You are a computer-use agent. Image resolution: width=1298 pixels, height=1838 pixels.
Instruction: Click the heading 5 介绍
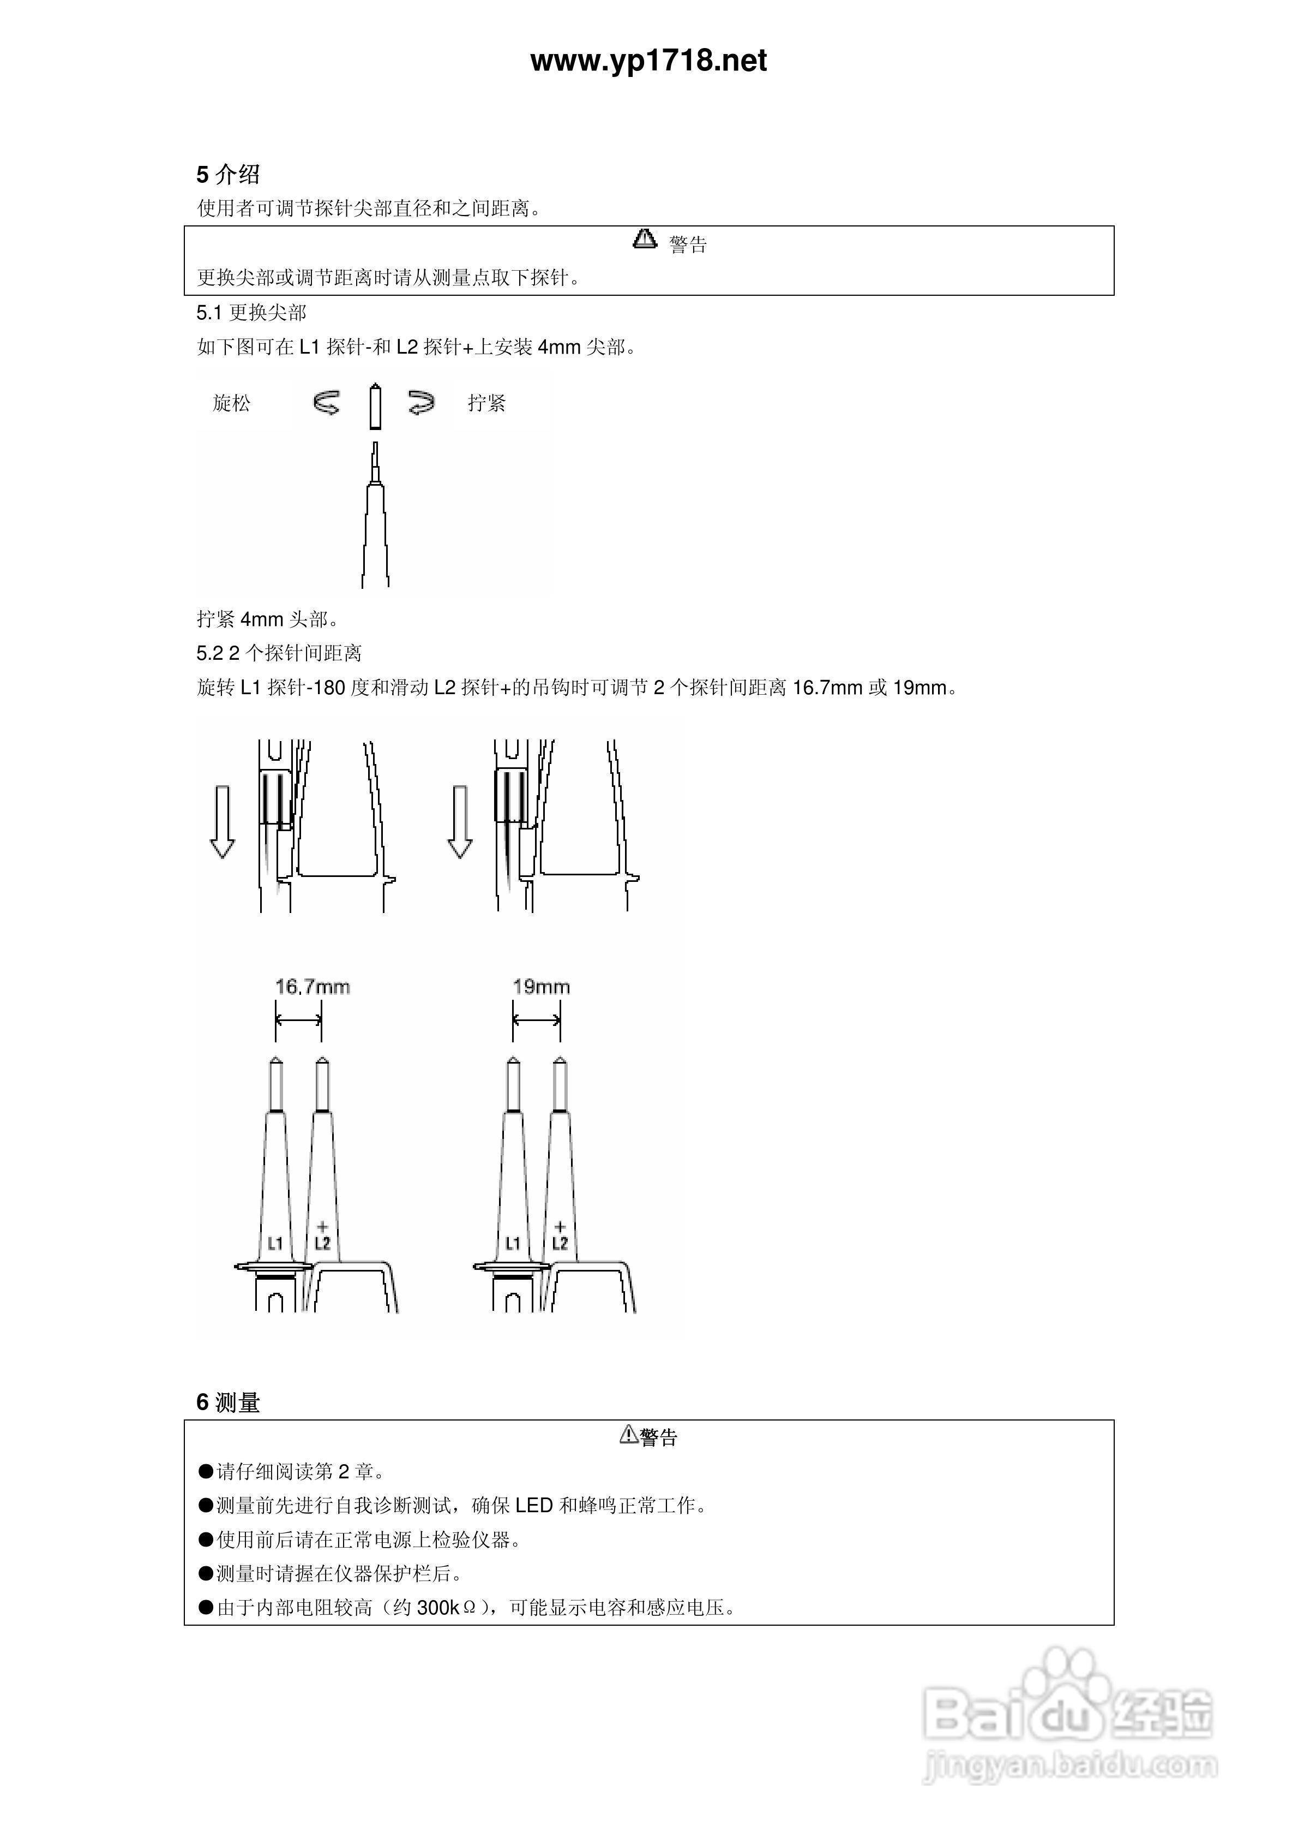pyautogui.click(x=228, y=175)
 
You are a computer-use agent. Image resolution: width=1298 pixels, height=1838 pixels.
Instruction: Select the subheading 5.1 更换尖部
pyautogui.click(x=251, y=312)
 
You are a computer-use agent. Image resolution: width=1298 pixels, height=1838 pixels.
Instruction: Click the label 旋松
pyautogui.click(x=231, y=403)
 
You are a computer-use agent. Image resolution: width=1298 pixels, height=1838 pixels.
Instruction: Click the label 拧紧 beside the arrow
pyautogui.click(x=486, y=403)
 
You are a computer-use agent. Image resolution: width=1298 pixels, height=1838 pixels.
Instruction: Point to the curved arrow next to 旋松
pyautogui.click(x=327, y=403)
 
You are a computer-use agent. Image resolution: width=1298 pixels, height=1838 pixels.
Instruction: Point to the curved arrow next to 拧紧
pyautogui.click(x=421, y=403)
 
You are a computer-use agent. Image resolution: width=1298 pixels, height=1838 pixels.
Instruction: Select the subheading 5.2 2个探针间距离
pyautogui.click(x=279, y=653)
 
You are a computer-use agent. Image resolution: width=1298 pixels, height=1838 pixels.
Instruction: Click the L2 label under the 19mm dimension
pyautogui.click(x=560, y=1243)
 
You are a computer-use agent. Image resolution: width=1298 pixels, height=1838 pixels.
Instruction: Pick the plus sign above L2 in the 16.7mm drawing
pyautogui.click(x=322, y=1226)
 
